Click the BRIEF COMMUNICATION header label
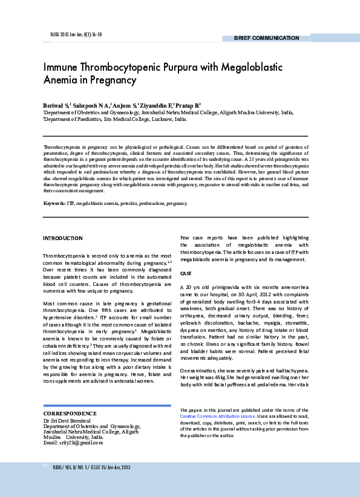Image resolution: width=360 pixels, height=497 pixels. click(x=267, y=38)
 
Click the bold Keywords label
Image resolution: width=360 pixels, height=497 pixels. click(x=54, y=204)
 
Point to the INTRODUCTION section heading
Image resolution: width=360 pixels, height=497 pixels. click(x=62, y=238)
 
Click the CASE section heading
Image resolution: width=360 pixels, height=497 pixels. click(x=186, y=273)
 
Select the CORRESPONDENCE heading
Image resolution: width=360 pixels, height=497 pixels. click(x=70, y=413)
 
